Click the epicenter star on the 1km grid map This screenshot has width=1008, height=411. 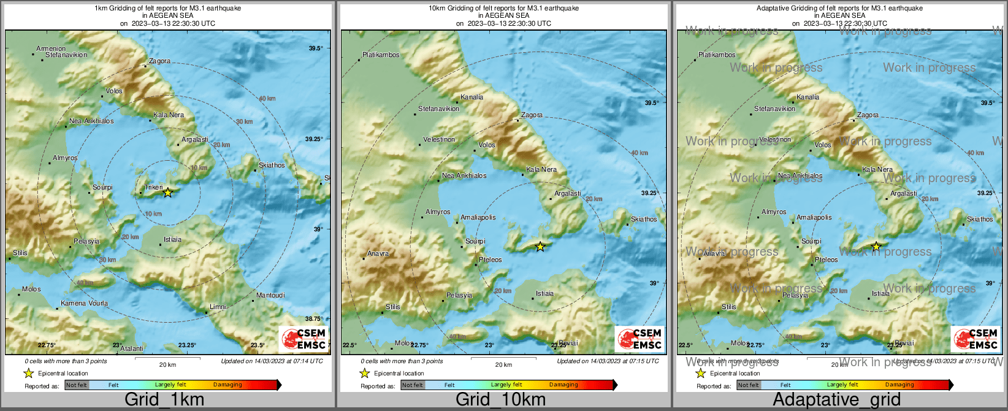(167, 193)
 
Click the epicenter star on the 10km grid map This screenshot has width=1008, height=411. (540, 247)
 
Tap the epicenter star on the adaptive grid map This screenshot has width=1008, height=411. (876, 247)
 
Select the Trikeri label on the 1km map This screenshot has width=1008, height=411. (153, 188)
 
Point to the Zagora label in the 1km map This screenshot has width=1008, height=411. (159, 61)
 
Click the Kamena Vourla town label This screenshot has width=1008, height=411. (84, 304)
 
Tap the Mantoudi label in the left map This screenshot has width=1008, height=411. (270, 296)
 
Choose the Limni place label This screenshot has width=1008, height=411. (218, 307)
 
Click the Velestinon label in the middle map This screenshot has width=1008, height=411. (439, 140)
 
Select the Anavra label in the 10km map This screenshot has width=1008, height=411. (378, 254)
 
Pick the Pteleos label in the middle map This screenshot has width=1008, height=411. (491, 260)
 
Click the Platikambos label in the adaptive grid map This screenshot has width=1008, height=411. (717, 55)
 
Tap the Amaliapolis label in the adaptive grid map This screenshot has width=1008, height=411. (814, 218)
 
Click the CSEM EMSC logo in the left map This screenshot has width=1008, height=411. (304, 339)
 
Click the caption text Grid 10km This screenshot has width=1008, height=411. (500, 400)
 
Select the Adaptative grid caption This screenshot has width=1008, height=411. (836, 400)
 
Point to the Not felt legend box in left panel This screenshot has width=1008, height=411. (77, 385)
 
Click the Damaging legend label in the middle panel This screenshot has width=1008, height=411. (563, 385)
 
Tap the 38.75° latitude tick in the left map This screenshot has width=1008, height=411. (314, 319)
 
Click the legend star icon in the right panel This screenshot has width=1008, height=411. (700, 373)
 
